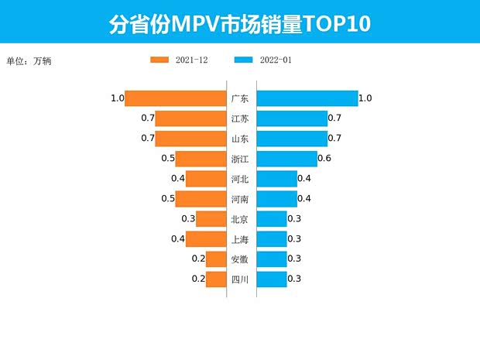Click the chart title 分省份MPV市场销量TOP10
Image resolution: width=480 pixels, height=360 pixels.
point(239,24)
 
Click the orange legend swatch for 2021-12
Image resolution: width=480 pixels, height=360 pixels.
point(159,60)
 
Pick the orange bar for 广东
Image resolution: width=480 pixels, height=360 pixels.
point(175,98)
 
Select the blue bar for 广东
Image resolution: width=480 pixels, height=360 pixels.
point(307,98)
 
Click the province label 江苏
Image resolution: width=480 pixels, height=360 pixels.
point(240,118)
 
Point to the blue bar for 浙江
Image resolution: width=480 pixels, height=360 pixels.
point(286,159)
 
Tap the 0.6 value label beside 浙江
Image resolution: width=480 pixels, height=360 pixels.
point(325,159)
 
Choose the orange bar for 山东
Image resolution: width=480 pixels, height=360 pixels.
point(190,139)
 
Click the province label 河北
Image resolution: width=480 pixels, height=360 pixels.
point(240,179)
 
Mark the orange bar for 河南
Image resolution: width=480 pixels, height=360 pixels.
point(201,199)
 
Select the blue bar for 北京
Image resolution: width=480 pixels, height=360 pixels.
point(271,219)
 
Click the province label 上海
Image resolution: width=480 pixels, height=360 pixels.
point(240,239)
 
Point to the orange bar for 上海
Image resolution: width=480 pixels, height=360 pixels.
point(205,239)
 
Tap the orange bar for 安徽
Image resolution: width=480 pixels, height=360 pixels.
point(215,259)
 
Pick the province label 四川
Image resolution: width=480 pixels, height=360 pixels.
point(240,279)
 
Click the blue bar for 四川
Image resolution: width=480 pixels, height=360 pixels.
point(271,279)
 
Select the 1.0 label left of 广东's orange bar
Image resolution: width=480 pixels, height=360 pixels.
point(117,98)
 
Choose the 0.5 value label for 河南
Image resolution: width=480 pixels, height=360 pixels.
point(168,199)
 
